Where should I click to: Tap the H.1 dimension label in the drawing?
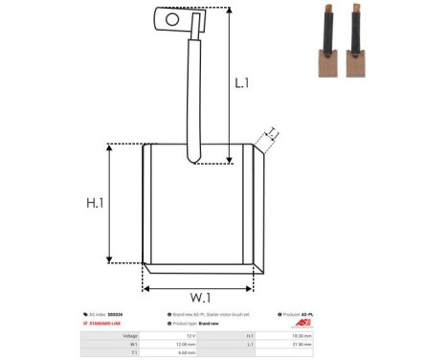coord(95,203)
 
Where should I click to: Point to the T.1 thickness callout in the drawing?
coord(272,132)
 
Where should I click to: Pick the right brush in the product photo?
coord(360,34)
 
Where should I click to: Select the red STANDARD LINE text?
coord(108,324)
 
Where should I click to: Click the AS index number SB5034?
coord(123,314)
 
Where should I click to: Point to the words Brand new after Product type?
coord(212,324)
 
